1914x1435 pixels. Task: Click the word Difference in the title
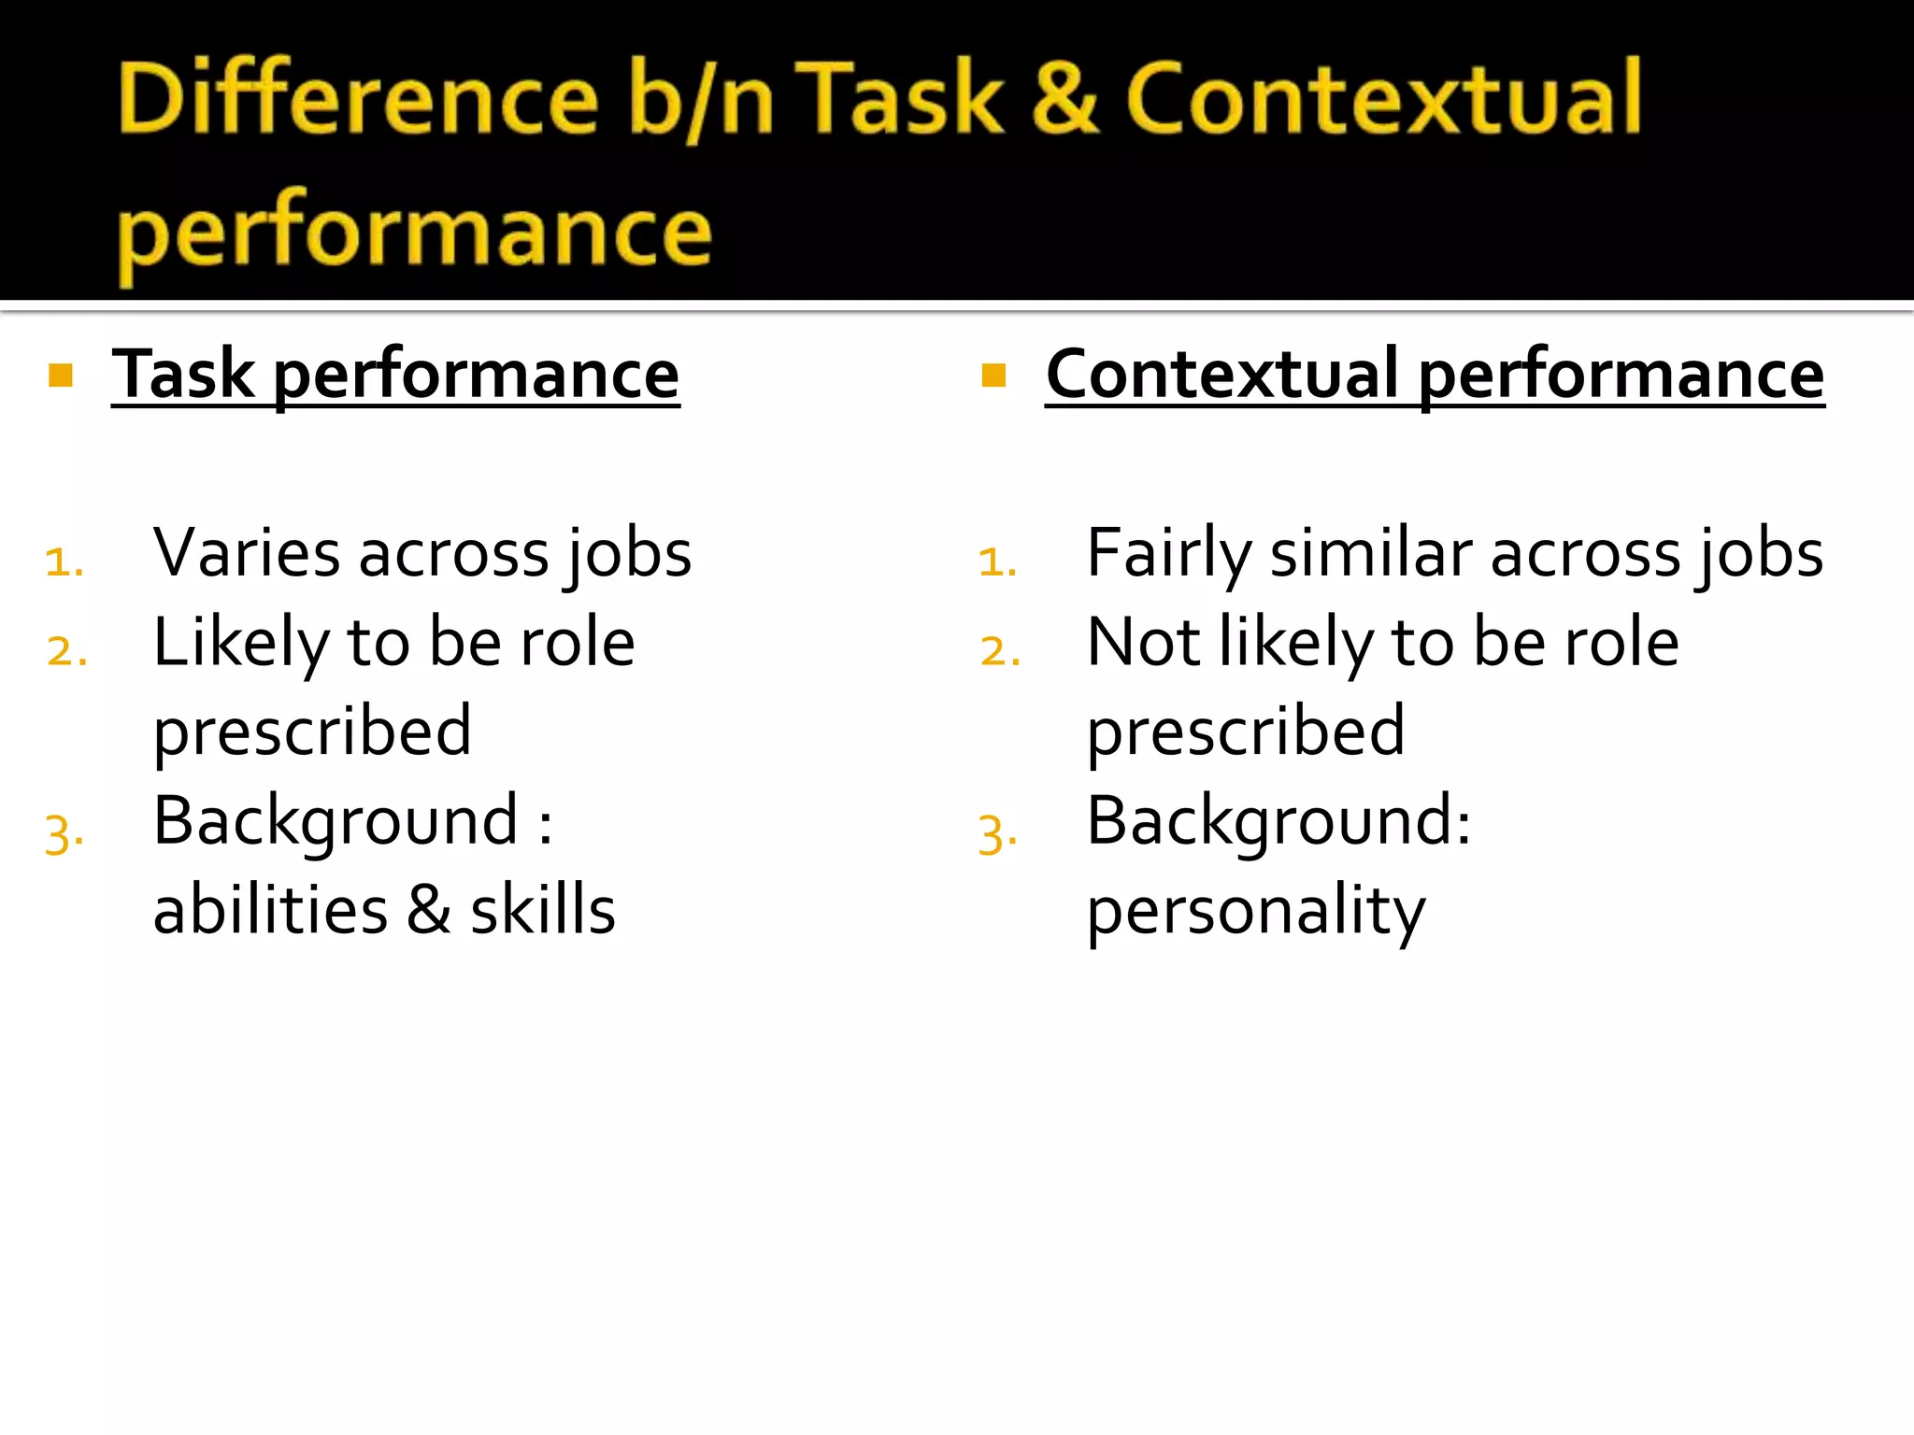(358, 98)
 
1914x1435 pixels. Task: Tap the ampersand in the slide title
(1064, 98)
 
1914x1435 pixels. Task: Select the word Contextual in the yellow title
(1383, 98)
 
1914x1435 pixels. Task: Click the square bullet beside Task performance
(61, 376)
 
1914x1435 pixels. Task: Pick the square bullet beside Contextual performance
(993, 376)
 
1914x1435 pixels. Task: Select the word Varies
(247, 553)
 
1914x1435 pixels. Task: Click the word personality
(1256, 911)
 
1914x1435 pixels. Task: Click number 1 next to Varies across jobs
(64, 561)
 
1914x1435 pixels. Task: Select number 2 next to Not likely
(1000, 651)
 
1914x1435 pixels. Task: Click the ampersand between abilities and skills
(429, 910)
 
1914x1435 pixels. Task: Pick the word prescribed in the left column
(312, 732)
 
